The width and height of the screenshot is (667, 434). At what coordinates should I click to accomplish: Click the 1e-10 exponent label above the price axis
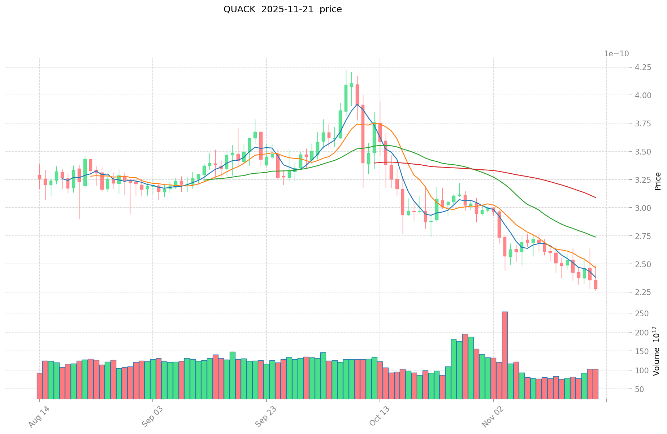[x=616, y=54]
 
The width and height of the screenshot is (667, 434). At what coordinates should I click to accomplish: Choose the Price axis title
[x=658, y=181]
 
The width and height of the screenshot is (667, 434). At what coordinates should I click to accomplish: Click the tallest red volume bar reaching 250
[x=505, y=355]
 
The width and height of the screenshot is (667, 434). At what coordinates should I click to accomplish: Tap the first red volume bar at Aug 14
[x=39, y=386]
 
